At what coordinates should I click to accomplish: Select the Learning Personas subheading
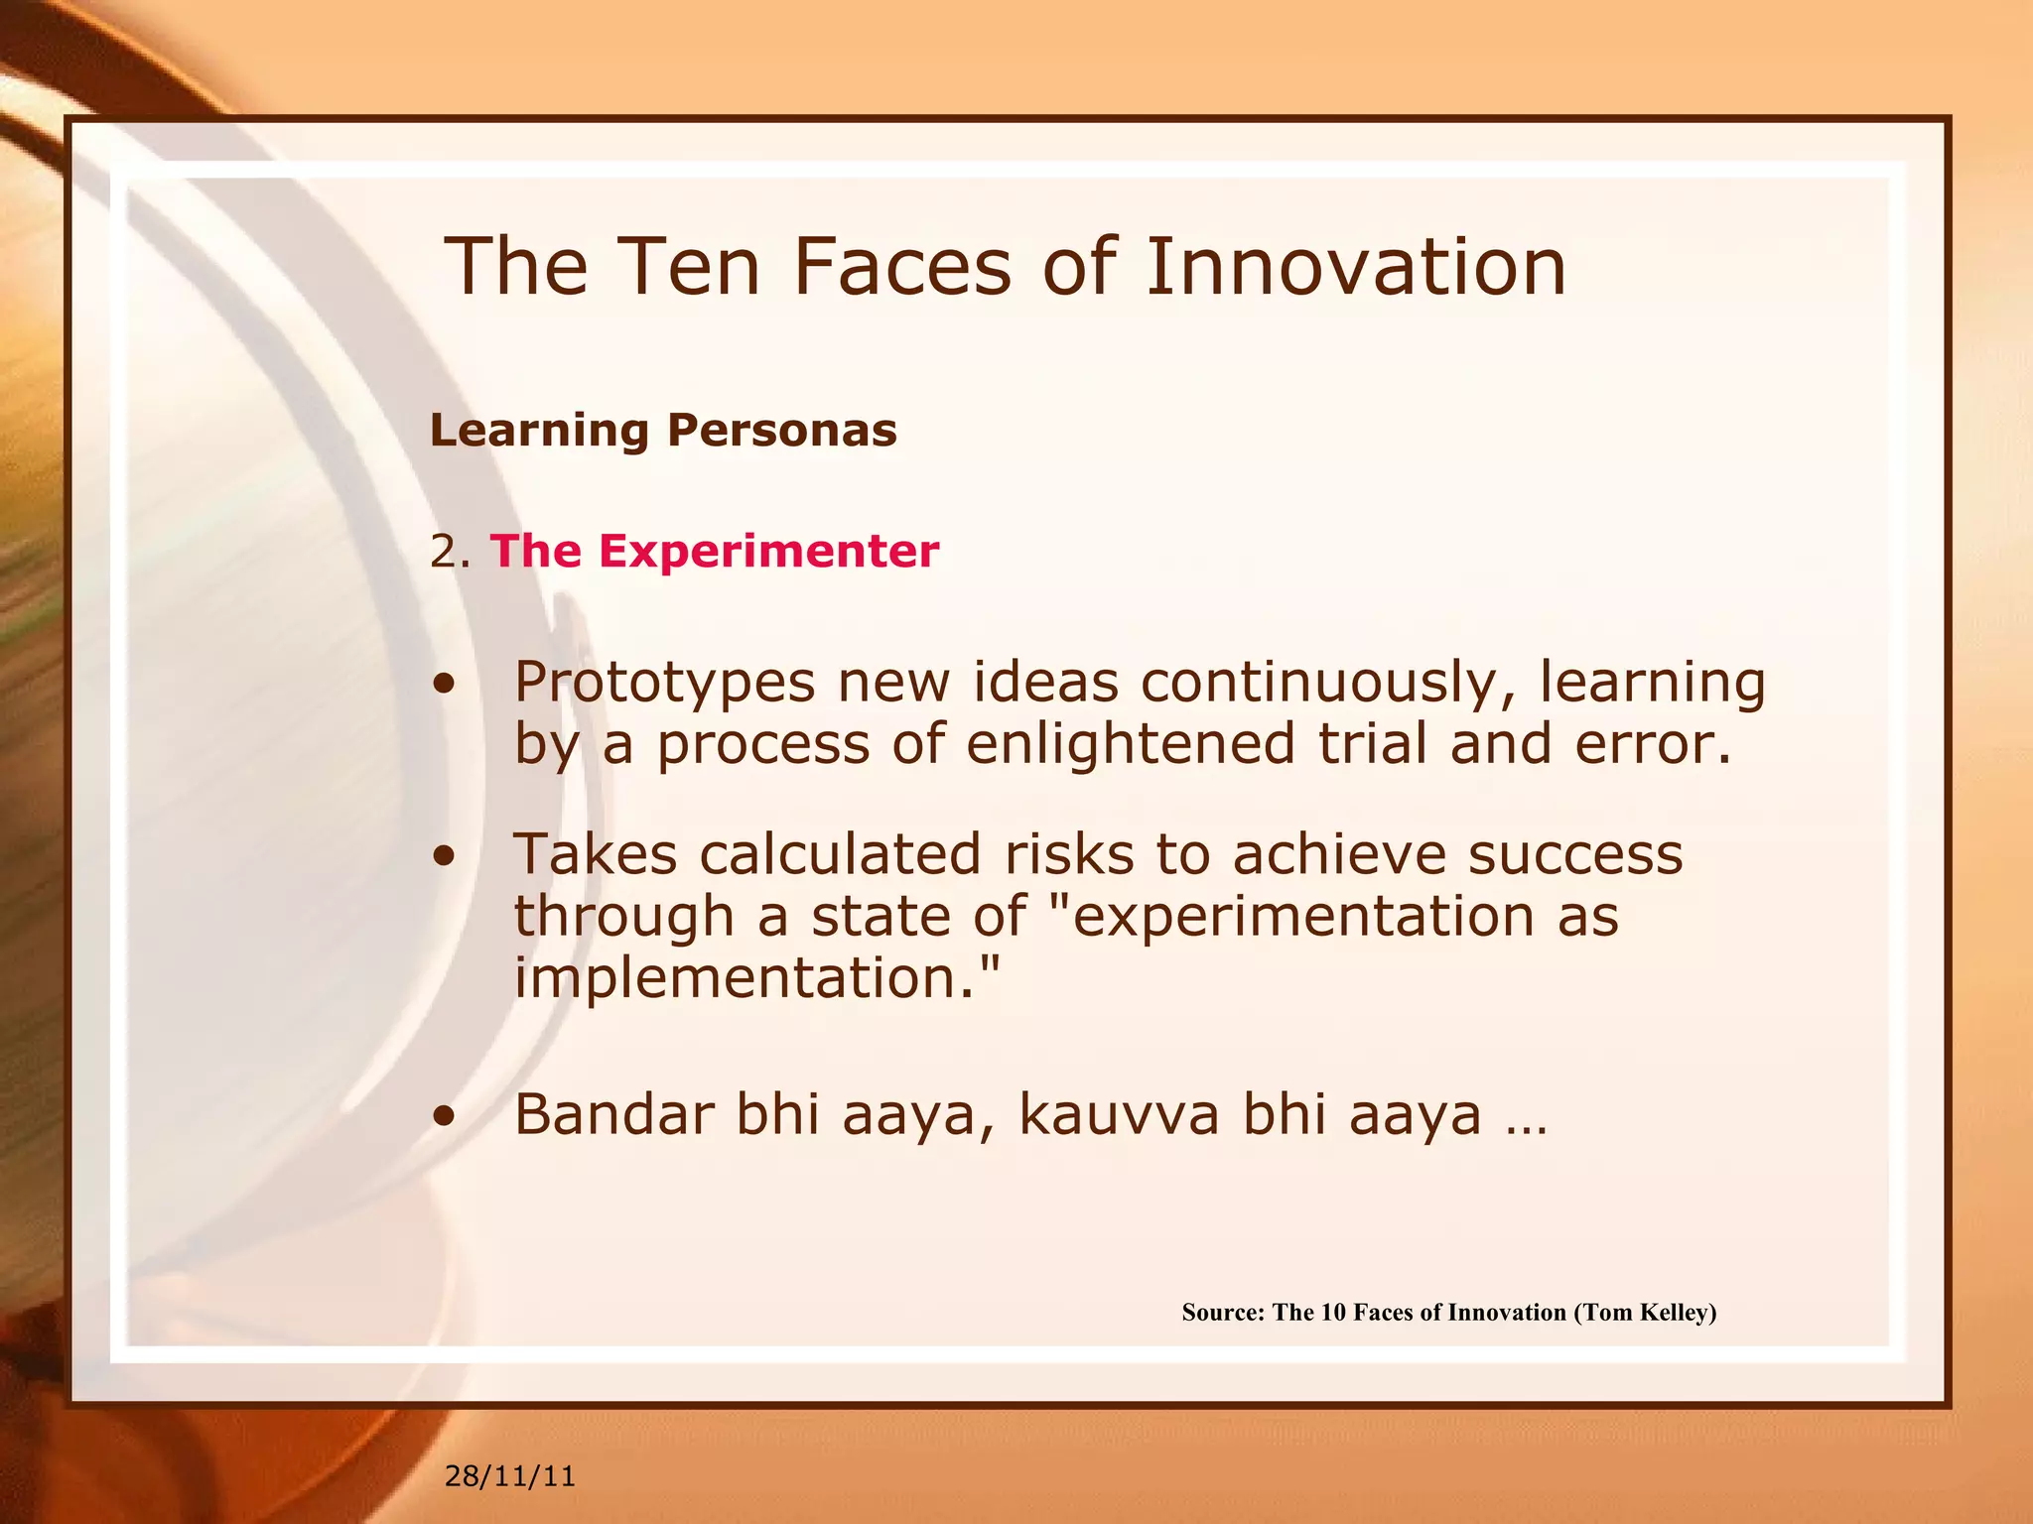663,431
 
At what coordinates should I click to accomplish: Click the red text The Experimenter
714,551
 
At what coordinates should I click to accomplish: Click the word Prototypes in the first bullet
664,685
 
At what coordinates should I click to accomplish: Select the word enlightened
1130,744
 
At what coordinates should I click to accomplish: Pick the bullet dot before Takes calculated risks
445,856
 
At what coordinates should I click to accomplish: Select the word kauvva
1119,1114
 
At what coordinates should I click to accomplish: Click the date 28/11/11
509,1476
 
